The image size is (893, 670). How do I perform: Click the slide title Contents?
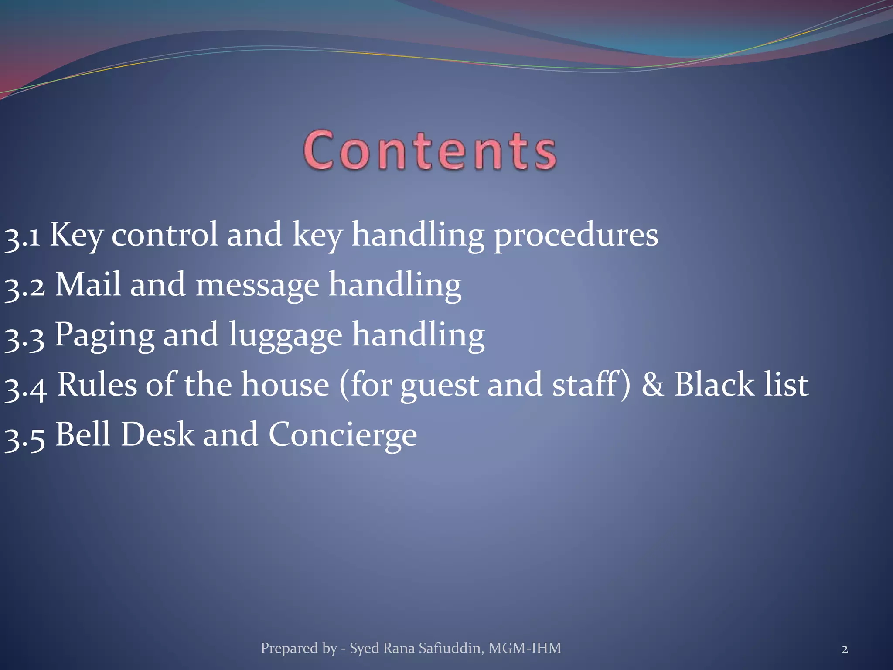click(430, 150)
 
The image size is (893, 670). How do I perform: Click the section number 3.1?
click(22, 236)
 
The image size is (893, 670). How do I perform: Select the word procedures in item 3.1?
click(576, 236)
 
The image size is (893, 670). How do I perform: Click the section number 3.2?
click(24, 286)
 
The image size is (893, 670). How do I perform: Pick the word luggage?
click(285, 336)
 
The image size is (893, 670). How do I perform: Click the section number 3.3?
click(24, 337)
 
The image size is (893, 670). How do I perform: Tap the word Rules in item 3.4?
click(97, 385)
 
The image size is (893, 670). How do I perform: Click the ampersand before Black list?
click(652, 385)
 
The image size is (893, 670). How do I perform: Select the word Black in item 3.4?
click(714, 385)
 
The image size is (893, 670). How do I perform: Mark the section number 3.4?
click(25, 386)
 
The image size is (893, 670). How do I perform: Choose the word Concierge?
click(342, 436)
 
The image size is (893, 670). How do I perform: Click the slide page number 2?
click(845, 649)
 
